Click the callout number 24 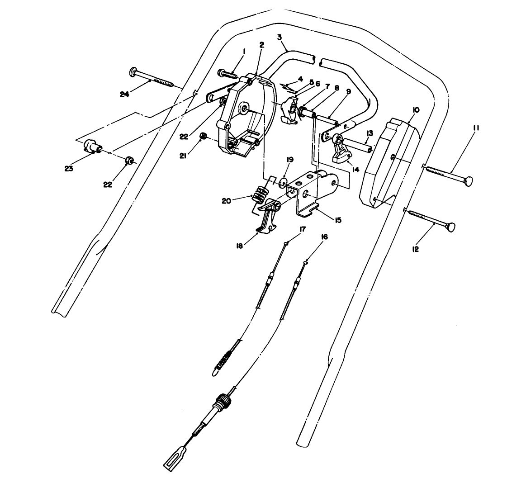125,94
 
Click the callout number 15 337,220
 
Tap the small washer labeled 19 284,182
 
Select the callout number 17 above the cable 302,229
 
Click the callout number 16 324,237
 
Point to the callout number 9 348,90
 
